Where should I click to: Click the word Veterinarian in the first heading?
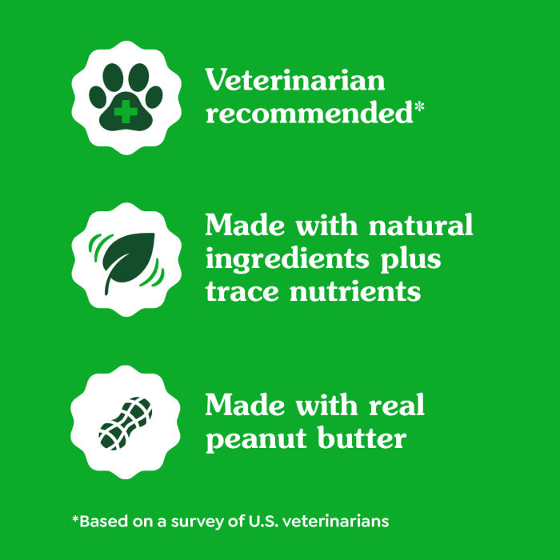[295, 81]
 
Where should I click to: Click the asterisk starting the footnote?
[76, 518]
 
